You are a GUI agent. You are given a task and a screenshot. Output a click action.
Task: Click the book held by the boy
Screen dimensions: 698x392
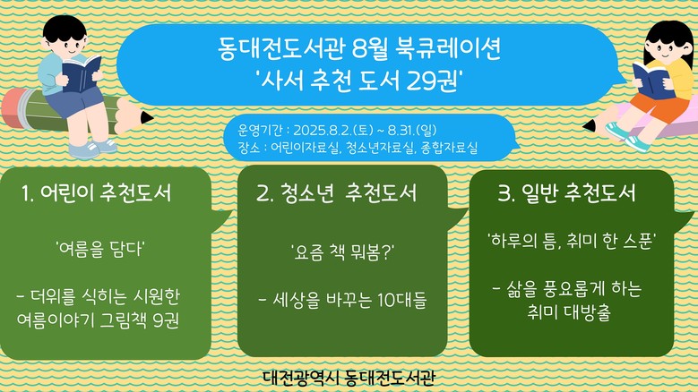pyautogui.click(x=81, y=72)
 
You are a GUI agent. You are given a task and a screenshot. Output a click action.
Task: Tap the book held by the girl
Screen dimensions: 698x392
pyautogui.click(x=651, y=81)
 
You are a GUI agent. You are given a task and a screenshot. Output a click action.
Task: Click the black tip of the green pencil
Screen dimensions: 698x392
pyautogui.click(x=146, y=118)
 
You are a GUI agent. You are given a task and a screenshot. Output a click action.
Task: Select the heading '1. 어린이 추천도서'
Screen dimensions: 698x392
pyautogui.click(x=97, y=193)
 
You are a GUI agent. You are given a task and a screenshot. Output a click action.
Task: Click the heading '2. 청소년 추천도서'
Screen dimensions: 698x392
pyautogui.click(x=337, y=193)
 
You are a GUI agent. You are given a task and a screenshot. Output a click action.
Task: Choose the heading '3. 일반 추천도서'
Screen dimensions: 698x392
pyautogui.click(x=566, y=193)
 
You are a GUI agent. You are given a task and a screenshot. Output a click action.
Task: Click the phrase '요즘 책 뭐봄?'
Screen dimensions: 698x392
pyautogui.click(x=342, y=252)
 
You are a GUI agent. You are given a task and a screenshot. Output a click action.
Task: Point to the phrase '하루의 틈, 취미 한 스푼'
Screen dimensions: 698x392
pyautogui.click(x=572, y=242)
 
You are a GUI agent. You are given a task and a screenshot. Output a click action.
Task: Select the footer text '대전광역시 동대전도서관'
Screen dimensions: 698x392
pyautogui.click(x=349, y=378)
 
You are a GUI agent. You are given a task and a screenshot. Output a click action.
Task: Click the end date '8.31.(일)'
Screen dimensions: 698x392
pyautogui.click(x=412, y=130)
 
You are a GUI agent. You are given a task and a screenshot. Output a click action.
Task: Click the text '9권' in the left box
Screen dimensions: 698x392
pyautogui.click(x=166, y=320)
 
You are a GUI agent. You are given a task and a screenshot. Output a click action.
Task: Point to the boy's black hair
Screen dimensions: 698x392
pyautogui.click(x=65, y=28)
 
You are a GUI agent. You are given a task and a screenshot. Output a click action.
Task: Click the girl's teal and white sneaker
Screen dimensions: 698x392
pyautogui.click(x=636, y=143)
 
